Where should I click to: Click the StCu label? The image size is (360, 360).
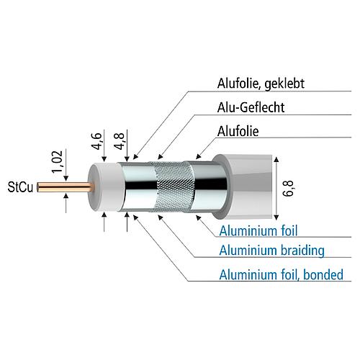(x=20, y=187)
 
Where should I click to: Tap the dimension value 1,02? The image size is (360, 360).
(x=58, y=161)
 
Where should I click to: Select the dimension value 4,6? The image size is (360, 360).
(x=97, y=141)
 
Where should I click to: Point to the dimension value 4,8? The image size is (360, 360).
(x=120, y=141)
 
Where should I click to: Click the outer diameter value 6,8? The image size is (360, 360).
(x=289, y=189)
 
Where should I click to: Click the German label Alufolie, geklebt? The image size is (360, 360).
(x=261, y=84)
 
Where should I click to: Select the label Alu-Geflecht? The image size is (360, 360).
(x=251, y=107)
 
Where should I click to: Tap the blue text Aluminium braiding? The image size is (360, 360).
(x=272, y=251)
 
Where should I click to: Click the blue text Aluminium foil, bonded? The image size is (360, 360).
(x=282, y=275)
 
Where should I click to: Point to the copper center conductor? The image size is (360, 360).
(x=65, y=187)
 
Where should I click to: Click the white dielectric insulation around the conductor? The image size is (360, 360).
(x=106, y=187)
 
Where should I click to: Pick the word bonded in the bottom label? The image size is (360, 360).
(x=323, y=275)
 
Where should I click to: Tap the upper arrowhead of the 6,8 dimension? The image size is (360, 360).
(x=276, y=160)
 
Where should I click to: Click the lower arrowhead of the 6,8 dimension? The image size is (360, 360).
(x=276, y=217)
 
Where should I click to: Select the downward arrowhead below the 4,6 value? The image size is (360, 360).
(x=104, y=158)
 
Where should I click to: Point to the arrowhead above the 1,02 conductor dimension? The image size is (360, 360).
(x=66, y=179)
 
